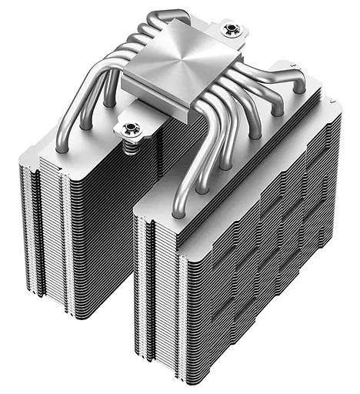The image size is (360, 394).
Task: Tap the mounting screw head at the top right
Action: pos(229,31)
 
